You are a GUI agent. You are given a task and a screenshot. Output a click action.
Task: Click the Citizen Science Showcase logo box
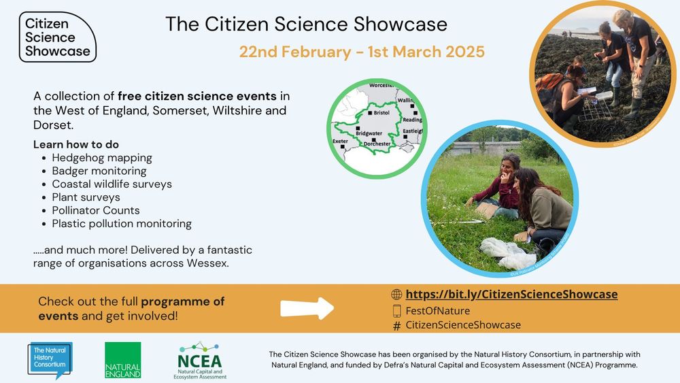(x=57, y=37)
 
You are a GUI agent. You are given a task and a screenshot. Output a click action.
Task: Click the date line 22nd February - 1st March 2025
(x=361, y=52)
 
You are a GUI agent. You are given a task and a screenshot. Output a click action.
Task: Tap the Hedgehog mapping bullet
(x=101, y=158)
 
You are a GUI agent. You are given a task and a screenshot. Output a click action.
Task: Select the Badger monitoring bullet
(x=99, y=171)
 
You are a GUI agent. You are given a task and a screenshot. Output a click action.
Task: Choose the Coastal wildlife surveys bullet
(x=112, y=184)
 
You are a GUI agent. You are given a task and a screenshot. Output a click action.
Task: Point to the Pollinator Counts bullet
(x=95, y=210)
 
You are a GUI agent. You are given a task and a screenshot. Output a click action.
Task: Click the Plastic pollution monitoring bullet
(x=122, y=223)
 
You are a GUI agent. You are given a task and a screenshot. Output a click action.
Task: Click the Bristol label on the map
(x=381, y=112)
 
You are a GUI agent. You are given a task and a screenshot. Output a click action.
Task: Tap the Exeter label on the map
(x=340, y=141)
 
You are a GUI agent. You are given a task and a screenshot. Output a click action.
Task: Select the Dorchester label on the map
(x=377, y=144)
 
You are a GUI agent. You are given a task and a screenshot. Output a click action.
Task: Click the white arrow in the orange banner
(x=307, y=308)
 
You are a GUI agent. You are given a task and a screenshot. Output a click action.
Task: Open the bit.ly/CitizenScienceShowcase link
(x=511, y=295)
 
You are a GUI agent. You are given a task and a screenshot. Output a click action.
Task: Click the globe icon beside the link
(x=396, y=295)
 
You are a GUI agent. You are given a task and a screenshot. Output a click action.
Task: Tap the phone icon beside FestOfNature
(x=396, y=311)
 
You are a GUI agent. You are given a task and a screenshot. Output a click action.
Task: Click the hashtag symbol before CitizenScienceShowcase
(x=396, y=326)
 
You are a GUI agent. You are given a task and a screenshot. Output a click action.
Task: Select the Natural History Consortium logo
(x=49, y=359)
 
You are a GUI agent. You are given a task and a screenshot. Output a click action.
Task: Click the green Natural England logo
(x=122, y=360)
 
